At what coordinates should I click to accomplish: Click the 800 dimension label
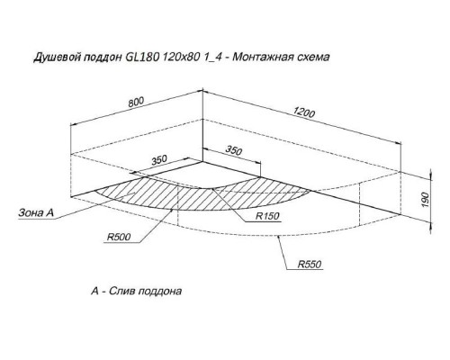[x=136, y=102]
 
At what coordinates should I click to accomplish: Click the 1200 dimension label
[x=304, y=112]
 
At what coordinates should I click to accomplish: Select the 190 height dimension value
[x=426, y=200]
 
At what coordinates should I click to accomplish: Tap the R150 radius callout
[x=267, y=216]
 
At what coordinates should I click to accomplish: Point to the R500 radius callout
[x=119, y=237]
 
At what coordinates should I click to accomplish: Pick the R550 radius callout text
[x=310, y=265]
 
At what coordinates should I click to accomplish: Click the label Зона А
[x=36, y=212]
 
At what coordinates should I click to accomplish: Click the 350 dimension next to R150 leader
[x=234, y=150]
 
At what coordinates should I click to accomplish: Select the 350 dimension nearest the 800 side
[x=158, y=160]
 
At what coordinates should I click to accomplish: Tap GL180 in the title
[x=140, y=57]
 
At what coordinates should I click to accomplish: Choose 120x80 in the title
[x=181, y=57]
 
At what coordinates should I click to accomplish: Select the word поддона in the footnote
[x=160, y=292]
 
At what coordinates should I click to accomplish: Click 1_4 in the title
[x=212, y=57]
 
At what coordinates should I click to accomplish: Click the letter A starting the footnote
[x=94, y=291]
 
